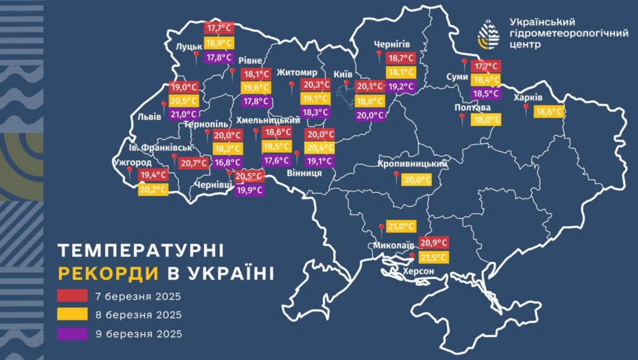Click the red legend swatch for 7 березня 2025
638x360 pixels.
point(72,296)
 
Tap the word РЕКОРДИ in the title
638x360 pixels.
point(108,273)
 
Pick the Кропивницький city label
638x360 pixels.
point(412,165)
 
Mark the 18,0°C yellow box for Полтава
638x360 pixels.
point(486,120)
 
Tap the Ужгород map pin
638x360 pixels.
point(130,171)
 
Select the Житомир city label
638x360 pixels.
point(296,72)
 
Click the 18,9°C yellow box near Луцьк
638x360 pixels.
point(219,43)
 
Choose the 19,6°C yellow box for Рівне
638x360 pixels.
point(255,87)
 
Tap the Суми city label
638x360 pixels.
point(457,77)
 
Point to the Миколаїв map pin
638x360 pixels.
point(381,228)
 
